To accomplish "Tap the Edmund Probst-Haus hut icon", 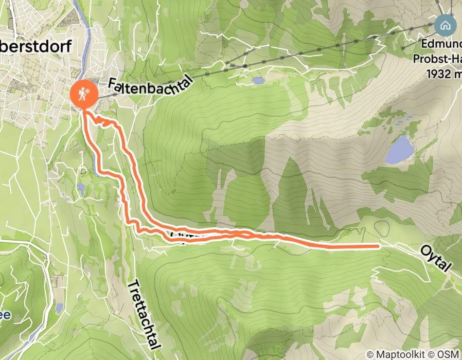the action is (445, 24).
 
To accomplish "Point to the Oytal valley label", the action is (435, 259).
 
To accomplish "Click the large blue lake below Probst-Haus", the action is (400, 149).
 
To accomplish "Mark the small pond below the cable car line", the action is (258, 80).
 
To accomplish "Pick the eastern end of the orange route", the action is (379, 246).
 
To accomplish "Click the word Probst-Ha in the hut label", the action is (438, 59).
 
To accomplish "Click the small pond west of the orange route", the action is (80, 188).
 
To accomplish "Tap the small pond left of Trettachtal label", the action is (60, 308).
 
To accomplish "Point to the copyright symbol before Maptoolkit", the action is (369, 354).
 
